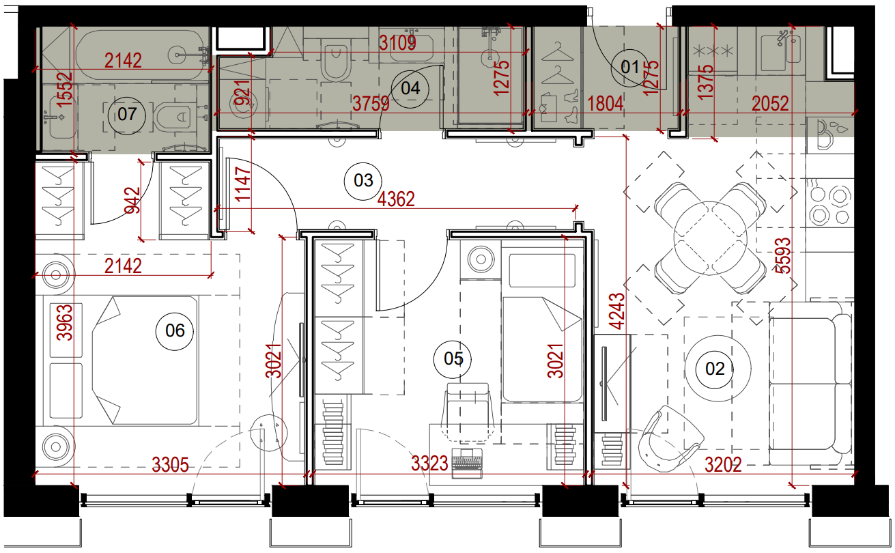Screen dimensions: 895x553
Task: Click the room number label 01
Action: click(x=630, y=68)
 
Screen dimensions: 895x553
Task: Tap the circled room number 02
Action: click(x=714, y=369)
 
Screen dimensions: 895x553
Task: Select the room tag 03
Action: click(x=363, y=181)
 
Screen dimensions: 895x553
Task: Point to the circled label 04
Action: click(x=410, y=88)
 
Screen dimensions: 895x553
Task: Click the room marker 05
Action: click(x=453, y=359)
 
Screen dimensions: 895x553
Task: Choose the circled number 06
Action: click(x=175, y=331)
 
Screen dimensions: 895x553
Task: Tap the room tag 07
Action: click(x=127, y=115)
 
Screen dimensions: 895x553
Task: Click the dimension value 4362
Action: click(x=396, y=199)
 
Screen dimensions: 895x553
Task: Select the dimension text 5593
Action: click(x=783, y=256)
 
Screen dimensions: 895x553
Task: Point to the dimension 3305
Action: click(x=170, y=465)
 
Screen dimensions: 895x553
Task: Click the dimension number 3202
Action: click(x=723, y=465)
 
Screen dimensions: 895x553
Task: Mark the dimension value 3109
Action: click(x=397, y=43)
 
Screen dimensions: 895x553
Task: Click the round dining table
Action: click(x=710, y=238)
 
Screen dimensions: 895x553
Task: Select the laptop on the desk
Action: click(x=467, y=464)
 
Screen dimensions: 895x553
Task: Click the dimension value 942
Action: click(x=132, y=200)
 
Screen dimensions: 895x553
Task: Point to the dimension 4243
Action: click(x=617, y=311)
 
